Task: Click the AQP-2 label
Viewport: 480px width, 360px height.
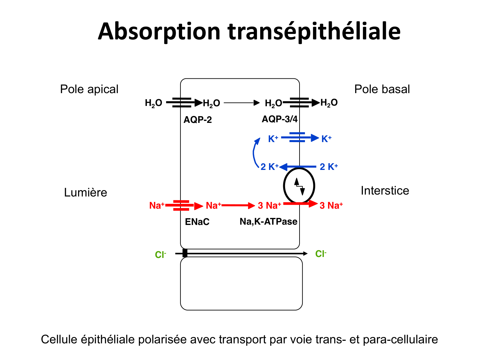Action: click(x=197, y=120)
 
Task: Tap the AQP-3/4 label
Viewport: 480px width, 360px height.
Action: click(x=279, y=119)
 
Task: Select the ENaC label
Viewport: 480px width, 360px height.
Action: click(x=197, y=222)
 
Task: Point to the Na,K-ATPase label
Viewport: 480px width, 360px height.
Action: click(x=268, y=221)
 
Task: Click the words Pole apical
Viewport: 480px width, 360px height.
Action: click(x=89, y=89)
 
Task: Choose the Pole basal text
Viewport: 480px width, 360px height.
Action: click(x=382, y=89)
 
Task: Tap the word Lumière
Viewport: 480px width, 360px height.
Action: click(x=85, y=192)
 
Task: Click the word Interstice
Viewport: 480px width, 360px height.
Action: click(x=385, y=190)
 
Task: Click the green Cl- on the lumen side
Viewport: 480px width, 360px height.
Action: click(x=160, y=255)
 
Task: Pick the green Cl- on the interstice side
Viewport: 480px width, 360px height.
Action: click(x=321, y=254)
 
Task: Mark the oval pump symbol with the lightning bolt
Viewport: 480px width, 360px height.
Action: click(x=299, y=186)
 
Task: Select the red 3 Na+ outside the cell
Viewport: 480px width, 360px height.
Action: click(x=331, y=205)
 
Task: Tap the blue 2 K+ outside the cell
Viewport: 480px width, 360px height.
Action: click(x=329, y=167)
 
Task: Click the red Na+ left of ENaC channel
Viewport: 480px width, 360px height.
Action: click(x=156, y=205)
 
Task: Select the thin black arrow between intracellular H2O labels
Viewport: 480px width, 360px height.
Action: click(x=242, y=103)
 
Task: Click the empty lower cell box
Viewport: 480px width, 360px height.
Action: click(x=241, y=284)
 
